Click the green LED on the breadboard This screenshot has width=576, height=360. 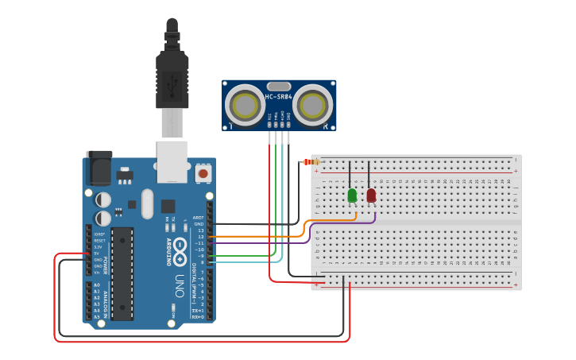click(352, 195)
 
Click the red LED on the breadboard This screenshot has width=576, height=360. click(371, 195)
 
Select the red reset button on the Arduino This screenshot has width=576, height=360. click(203, 172)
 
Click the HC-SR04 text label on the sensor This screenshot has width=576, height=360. click(279, 97)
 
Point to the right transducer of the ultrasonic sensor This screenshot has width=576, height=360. click(313, 104)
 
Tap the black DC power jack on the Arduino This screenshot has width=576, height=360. click(99, 168)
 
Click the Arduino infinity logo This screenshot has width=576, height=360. click(180, 246)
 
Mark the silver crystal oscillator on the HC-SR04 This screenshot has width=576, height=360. click(279, 86)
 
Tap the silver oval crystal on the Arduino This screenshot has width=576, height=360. click(147, 203)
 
